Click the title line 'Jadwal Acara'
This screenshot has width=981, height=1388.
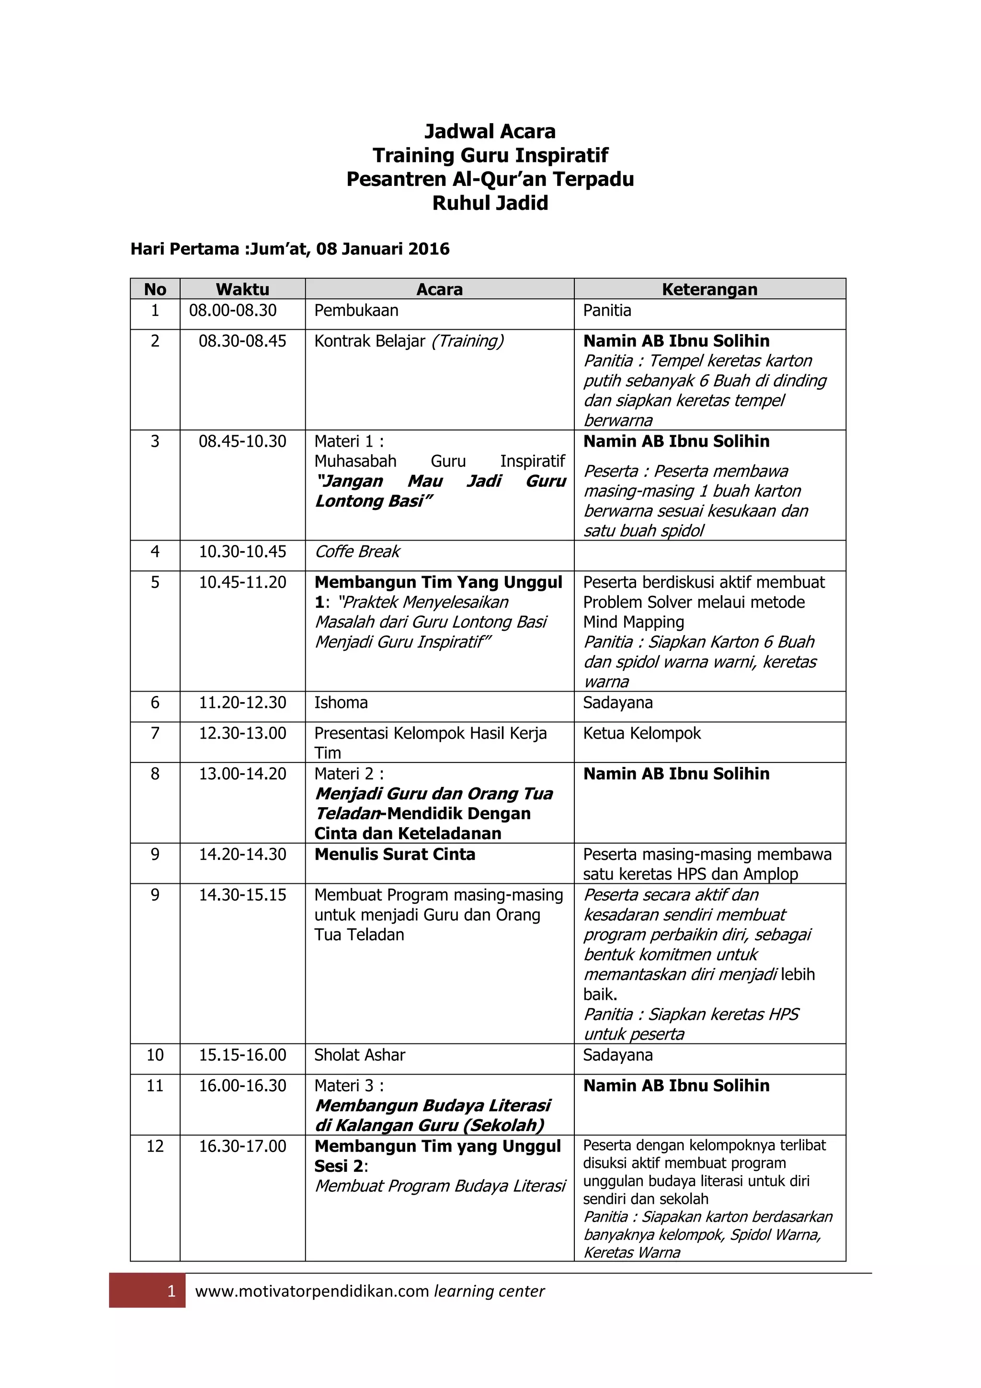(490, 131)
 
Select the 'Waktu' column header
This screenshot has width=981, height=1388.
(242, 289)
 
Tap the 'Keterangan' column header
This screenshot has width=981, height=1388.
(709, 289)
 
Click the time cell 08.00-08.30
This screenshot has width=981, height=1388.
(233, 311)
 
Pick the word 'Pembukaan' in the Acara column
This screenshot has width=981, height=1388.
(356, 311)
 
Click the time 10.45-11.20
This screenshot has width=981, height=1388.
(242, 582)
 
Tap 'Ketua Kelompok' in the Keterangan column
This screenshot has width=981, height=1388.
(641, 733)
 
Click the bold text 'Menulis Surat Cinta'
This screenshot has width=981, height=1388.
(394, 854)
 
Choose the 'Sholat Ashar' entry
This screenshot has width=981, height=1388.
(359, 1055)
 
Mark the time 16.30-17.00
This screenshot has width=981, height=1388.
(242, 1146)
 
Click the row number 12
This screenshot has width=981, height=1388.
(155, 1146)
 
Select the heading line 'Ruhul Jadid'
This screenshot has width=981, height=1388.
(490, 203)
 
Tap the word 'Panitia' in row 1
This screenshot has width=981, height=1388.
(607, 311)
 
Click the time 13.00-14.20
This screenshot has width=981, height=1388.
(242, 774)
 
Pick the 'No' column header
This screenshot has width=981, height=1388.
(155, 289)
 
